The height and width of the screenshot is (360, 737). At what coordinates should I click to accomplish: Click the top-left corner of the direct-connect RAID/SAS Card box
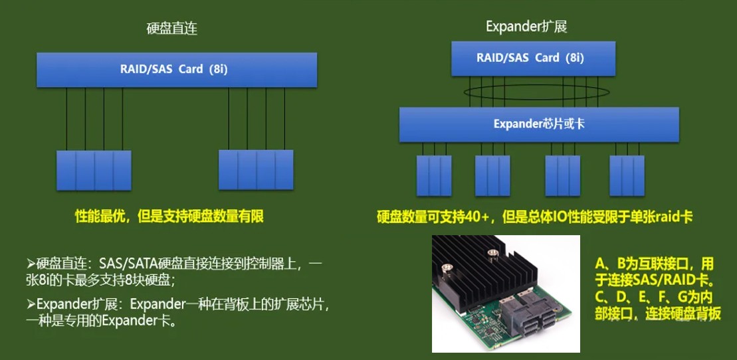pyautogui.click(x=37, y=52)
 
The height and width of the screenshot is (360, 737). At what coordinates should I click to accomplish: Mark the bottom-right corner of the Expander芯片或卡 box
pyautogui.click(x=679, y=142)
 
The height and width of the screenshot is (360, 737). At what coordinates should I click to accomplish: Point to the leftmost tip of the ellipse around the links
pyautogui.click(x=463, y=92)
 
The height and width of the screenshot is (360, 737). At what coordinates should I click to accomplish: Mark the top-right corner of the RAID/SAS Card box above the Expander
pyautogui.click(x=615, y=41)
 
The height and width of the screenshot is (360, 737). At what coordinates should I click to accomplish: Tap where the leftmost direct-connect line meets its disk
pyautogui.click(x=66, y=151)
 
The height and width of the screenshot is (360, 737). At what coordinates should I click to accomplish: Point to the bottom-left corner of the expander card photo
pyautogui.click(x=433, y=352)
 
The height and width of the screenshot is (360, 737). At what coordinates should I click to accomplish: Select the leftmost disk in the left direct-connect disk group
pyautogui.click(x=66, y=171)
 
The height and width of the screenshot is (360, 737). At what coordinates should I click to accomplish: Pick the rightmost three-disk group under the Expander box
pyautogui.click(x=627, y=176)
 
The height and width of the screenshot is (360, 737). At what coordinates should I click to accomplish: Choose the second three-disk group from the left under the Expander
pyautogui.click(x=492, y=176)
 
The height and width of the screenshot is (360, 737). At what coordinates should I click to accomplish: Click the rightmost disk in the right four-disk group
pyautogui.click(x=284, y=169)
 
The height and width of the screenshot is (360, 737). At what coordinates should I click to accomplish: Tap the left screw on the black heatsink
pyautogui.click(x=447, y=268)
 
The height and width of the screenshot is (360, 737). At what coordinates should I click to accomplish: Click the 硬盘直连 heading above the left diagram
pyautogui.click(x=172, y=29)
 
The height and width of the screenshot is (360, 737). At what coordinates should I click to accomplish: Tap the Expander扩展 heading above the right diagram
pyautogui.click(x=526, y=27)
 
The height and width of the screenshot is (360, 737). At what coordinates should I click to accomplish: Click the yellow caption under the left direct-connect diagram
pyautogui.click(x=169, y=216)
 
